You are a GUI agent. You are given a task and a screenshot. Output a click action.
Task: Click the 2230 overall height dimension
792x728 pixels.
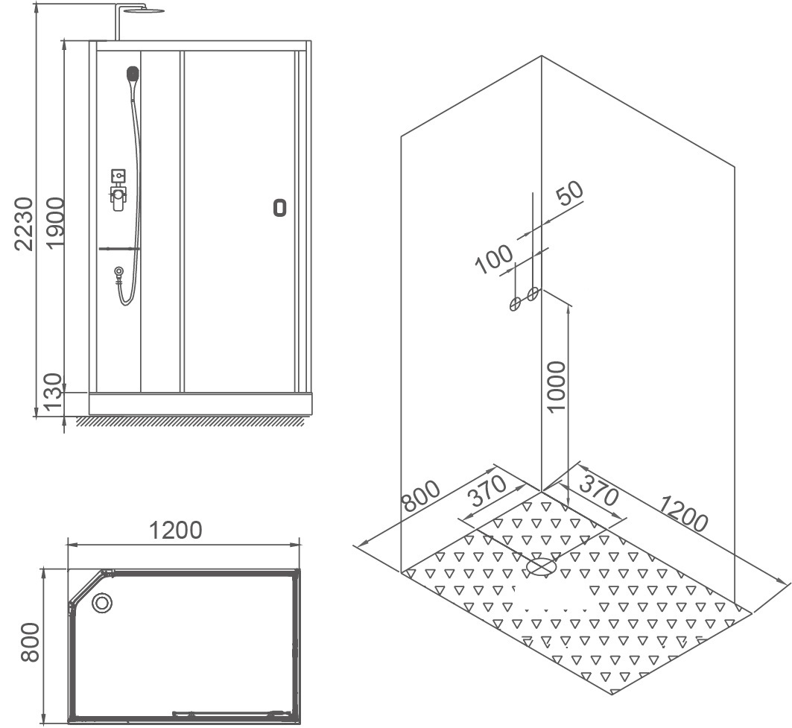point(24,224)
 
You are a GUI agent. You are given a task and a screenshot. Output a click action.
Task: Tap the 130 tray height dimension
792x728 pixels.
point(52,393)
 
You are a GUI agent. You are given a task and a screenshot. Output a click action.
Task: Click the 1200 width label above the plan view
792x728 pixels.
point(176,530)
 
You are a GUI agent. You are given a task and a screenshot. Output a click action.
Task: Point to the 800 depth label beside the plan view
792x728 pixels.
point(30,642)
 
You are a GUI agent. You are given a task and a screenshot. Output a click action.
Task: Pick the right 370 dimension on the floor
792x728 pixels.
point(599,489)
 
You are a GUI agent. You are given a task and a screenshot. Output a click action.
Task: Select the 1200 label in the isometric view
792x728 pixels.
point(684,513)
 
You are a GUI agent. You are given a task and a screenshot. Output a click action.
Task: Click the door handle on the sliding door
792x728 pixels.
point(279,208)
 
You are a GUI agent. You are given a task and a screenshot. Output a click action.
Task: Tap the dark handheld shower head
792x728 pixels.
point(133,74)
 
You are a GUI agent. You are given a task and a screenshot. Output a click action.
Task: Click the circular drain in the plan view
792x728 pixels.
point(102,603)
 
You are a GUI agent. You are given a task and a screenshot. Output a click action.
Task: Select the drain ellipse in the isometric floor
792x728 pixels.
point(541,567)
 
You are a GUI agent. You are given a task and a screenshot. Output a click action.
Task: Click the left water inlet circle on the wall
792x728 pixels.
point(515,303)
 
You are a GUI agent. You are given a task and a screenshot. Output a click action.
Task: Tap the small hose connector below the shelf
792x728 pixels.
point(118,272)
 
